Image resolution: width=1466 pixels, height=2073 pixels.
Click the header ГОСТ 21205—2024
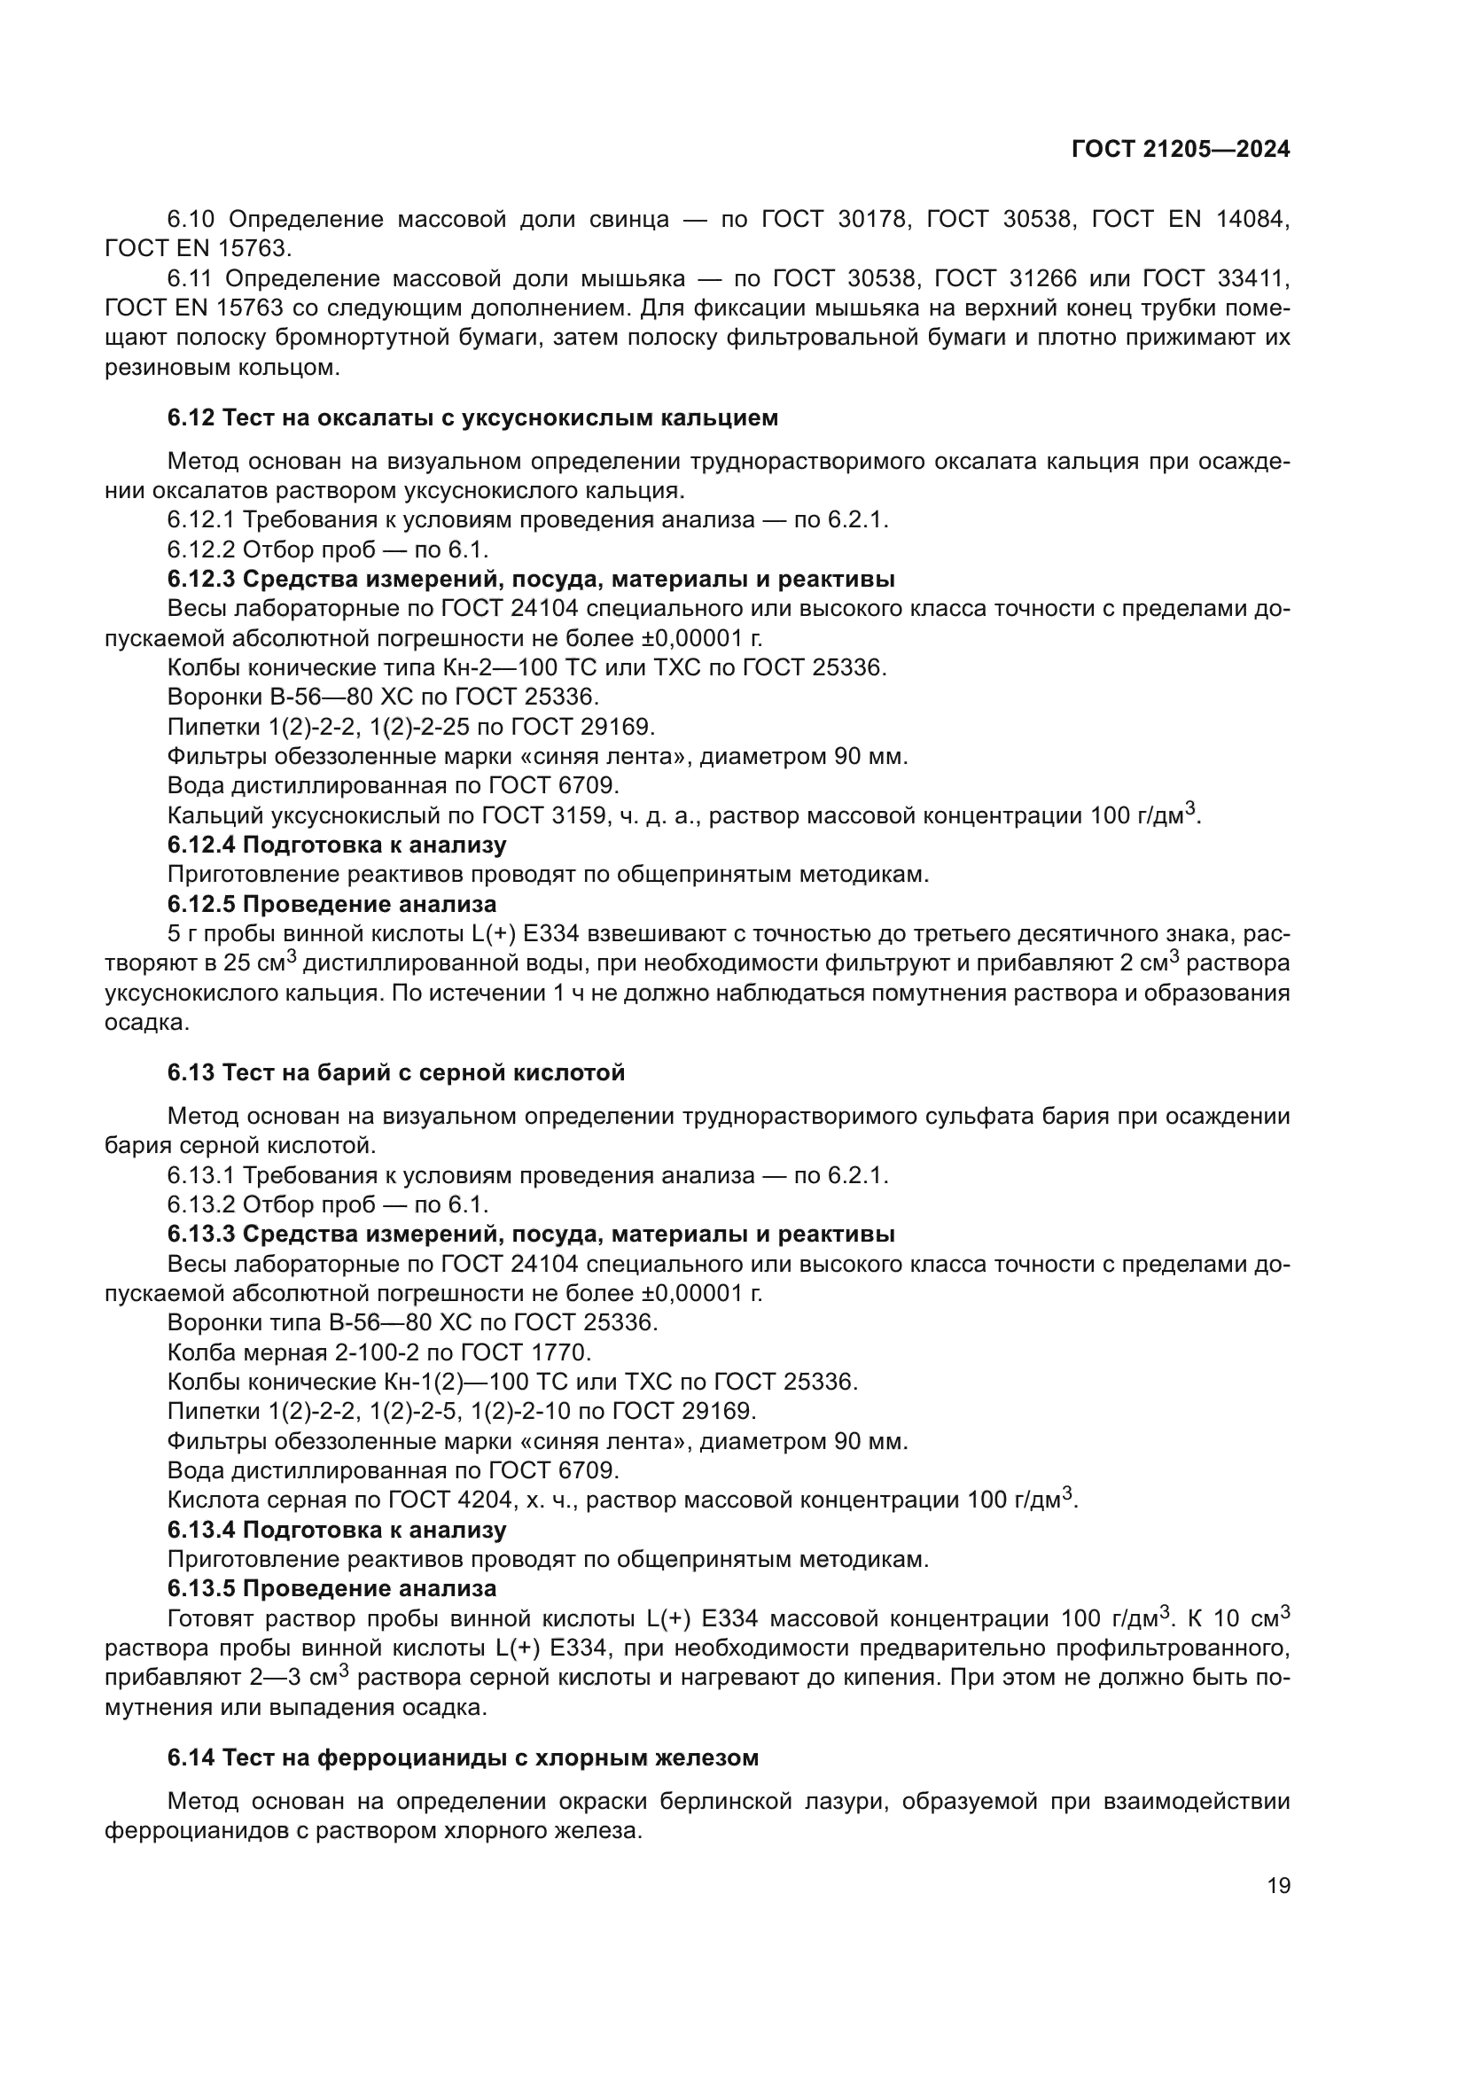coord(1180,150)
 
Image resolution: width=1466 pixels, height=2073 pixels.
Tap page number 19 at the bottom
coord(1278,1885)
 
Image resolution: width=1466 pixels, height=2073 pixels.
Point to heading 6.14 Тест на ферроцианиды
coord(462,1757)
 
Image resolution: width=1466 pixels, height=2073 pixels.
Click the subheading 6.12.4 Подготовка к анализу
coord(337,846)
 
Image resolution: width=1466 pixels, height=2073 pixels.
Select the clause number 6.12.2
coord(200,549)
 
